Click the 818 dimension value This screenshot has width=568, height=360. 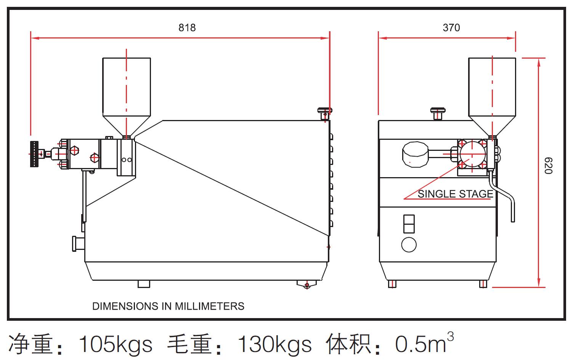point(187,27)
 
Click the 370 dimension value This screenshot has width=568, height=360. point(451,27)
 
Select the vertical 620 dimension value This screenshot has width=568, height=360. point(548,165)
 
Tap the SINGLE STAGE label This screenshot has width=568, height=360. point(455,194)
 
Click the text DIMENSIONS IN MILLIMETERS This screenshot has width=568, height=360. point(168,306)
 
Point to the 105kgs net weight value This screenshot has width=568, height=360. point(115,344)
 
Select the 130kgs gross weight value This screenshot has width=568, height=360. point(274,344)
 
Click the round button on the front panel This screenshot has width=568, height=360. point(409,245)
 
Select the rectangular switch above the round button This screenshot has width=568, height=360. point(409,224)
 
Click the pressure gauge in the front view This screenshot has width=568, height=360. point(415,154)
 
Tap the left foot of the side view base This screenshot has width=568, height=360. point(144,284)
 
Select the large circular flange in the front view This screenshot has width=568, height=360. point(472,154)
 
